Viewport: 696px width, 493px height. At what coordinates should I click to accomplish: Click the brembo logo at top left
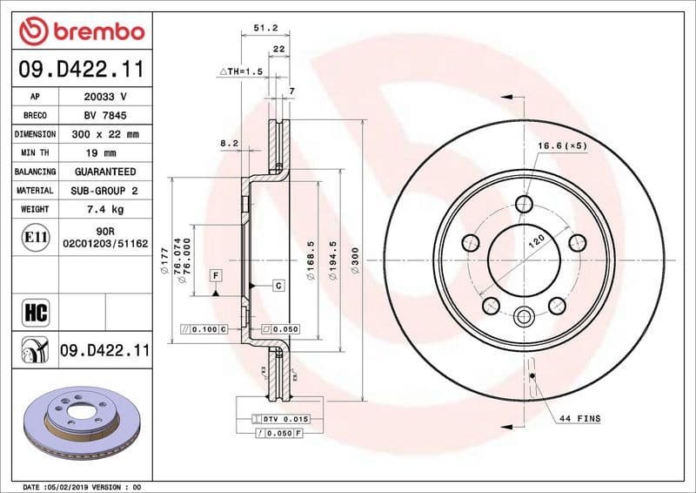tap(81, 31)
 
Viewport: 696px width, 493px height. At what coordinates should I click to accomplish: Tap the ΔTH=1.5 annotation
tap(240, 71)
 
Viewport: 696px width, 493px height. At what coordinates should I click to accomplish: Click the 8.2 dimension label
tap(229, 142)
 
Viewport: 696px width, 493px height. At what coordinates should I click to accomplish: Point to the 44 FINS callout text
tap(579, 419)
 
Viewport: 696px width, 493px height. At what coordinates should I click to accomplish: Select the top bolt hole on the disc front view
tap(524, 204)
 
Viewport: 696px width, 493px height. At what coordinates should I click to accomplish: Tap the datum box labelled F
tap(214, 276)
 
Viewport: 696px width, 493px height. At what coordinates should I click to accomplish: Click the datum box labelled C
tap(278, 286)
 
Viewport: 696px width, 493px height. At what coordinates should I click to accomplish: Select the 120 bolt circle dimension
tap(538, 242)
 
